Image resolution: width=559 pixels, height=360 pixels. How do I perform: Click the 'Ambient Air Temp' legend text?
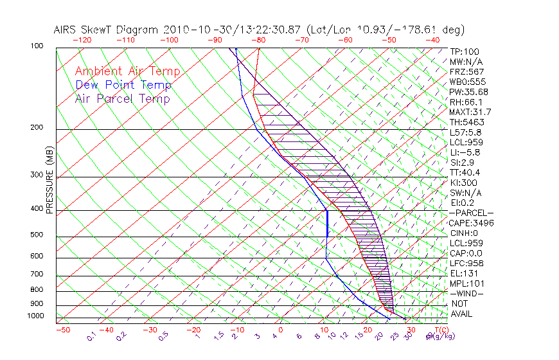127,71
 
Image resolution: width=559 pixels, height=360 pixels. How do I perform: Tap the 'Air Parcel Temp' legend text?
122,98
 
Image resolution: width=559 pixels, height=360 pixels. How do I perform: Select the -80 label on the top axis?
259,40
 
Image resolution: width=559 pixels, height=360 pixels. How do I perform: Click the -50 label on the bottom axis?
62,330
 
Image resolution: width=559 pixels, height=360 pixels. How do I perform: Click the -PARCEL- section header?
471,213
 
